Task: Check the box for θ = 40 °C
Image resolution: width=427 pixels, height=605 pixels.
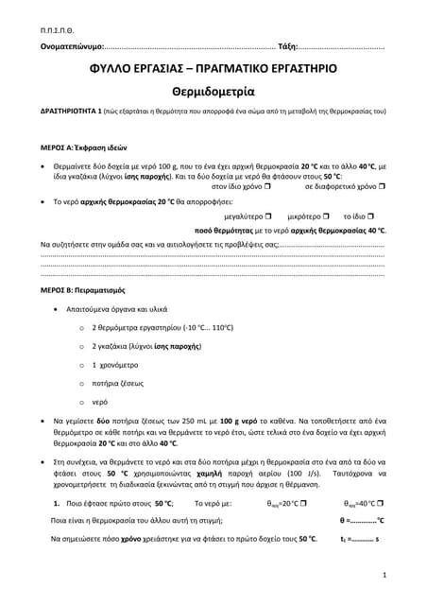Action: pyautogui.click(x=381, y=503)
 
